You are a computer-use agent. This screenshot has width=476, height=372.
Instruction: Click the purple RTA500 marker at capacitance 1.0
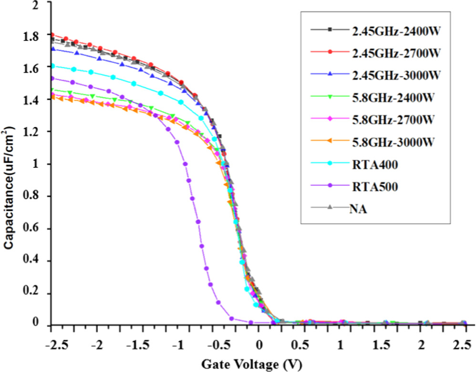[185, 164]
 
